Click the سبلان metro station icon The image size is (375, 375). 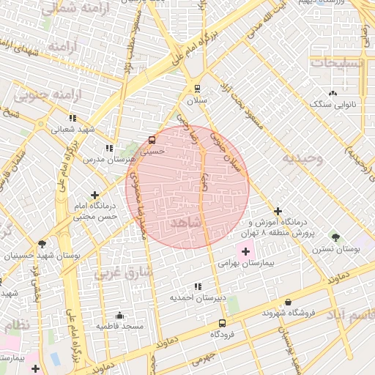[x=197, y=89]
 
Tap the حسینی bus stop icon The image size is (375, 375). [x=152, y=139]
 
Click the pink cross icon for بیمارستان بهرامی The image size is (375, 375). [x=245, y=251]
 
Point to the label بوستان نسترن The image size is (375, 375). [x=336, y=249]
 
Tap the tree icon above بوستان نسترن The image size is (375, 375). [x=336, y=237]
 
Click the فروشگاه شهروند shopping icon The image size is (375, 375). [x=288, y=302]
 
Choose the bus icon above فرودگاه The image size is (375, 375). [x=222, y=322]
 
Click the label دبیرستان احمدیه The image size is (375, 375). [x=197, y=298]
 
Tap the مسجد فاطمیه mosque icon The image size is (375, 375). [x=120, y=316]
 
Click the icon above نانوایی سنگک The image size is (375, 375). [x=333, y=93]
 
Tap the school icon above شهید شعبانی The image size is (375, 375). [x=73, y=117]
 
